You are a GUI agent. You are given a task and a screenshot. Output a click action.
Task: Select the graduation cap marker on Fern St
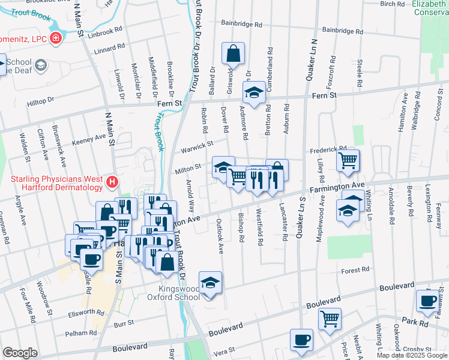point(254,93)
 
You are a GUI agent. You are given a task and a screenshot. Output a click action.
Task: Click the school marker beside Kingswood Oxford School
point(210,283)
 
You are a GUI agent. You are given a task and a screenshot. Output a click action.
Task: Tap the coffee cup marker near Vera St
point(301,340)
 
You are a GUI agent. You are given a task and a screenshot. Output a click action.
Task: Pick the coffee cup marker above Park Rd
point(428,301)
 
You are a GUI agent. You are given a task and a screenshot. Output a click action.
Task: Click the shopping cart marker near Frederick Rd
point(348,160)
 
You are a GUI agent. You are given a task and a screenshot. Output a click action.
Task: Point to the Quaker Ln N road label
point(313,57)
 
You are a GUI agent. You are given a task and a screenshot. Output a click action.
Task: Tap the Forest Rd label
point(354,271)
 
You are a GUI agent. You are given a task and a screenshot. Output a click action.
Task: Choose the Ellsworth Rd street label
point(87,313)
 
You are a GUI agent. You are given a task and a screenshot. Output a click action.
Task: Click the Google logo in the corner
point(20,353)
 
